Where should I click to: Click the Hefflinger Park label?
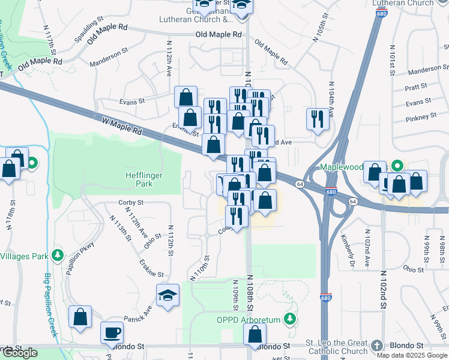coord(143,179)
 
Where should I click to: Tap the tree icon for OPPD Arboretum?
coord(290,318)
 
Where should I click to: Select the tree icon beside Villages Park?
coord(58,256)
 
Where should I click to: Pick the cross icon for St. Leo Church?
coord(376,346)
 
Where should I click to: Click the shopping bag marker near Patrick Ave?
coord(80,317)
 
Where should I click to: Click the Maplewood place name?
coord(342,166)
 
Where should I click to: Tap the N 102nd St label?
coord(382,289)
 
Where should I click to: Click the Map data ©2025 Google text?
coord(411,355)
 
